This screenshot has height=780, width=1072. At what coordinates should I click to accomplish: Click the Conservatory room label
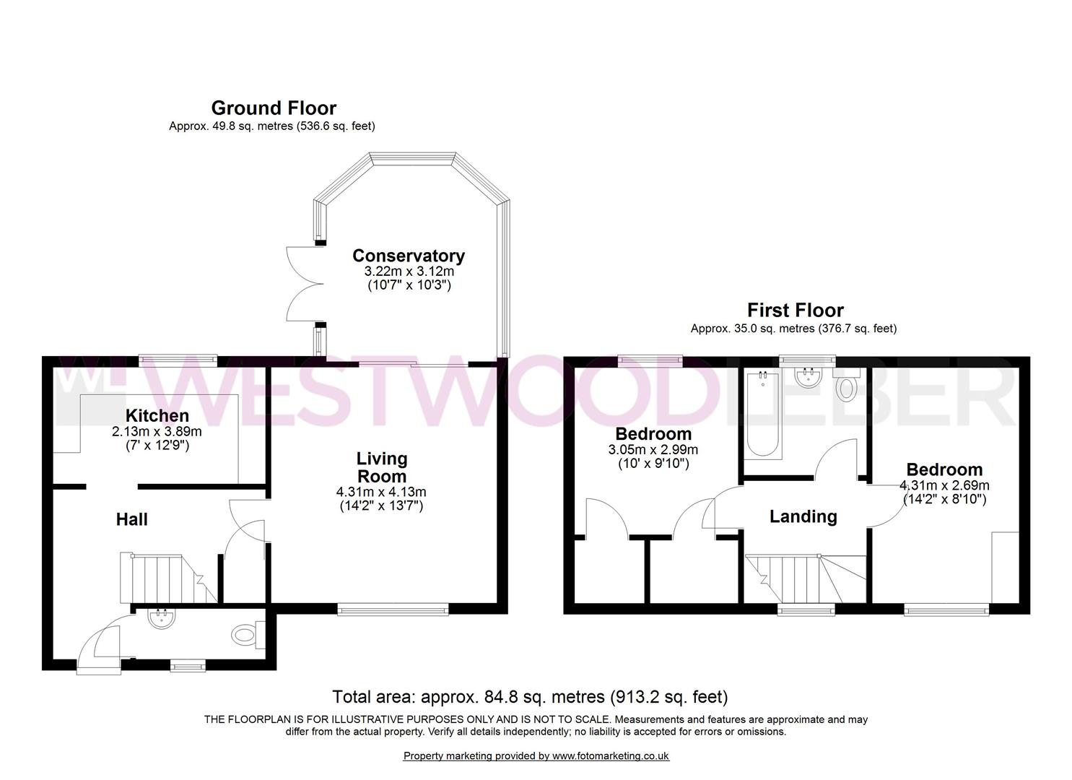point(408,256)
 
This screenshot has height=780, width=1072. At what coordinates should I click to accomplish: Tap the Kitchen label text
point(157,416)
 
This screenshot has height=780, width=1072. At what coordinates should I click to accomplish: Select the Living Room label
point(382,467)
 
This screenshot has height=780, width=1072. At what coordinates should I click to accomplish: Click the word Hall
point(132,519)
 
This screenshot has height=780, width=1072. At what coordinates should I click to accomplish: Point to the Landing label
point(803,516)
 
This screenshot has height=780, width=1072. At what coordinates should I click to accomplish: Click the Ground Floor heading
point(273,108)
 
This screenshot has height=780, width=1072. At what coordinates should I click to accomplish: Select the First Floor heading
point(795,311)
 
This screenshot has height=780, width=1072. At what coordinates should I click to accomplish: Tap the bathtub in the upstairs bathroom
point(763,415)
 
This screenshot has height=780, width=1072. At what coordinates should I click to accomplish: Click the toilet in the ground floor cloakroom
point(244,636)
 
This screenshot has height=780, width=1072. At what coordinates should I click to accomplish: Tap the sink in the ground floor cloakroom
point(159,618)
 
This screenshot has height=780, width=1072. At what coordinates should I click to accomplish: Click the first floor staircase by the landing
point(801,578)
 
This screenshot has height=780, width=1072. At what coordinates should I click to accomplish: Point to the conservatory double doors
point(302,283)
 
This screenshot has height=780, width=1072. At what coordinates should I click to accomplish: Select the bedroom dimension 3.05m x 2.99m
point(653,449)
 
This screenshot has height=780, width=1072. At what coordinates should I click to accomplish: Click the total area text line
point(529,697)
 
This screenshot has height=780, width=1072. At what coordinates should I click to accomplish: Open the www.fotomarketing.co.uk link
point(611,756)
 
